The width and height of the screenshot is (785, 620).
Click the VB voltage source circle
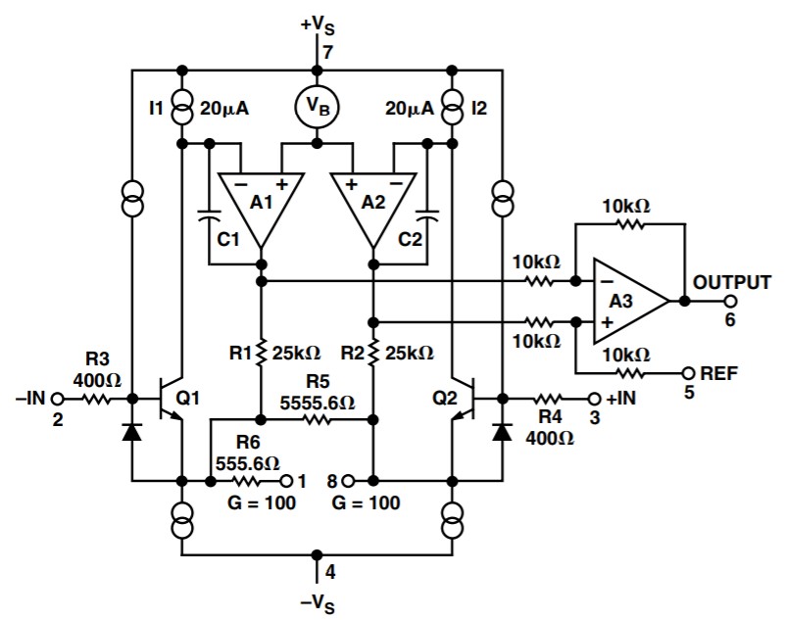point(316,107)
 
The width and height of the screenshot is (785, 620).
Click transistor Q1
point(171,399)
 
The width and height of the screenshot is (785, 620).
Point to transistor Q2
point(464,399)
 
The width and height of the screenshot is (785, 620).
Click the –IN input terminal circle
point(58,399)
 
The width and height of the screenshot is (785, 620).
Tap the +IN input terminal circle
point(594,399)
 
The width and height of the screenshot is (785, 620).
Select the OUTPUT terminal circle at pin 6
point(730,302)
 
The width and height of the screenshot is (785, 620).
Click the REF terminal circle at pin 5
point(689,373)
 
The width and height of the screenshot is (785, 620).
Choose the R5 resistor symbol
point(317,419)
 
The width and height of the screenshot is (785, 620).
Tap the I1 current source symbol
point(182,107)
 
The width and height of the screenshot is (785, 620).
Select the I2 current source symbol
point(452,107)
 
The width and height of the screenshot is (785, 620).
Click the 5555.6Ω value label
point(317,402)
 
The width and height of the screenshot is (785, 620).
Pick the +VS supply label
point(318,26)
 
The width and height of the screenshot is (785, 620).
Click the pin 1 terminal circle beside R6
point(286,481)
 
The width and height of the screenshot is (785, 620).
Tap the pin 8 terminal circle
point(349,481)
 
